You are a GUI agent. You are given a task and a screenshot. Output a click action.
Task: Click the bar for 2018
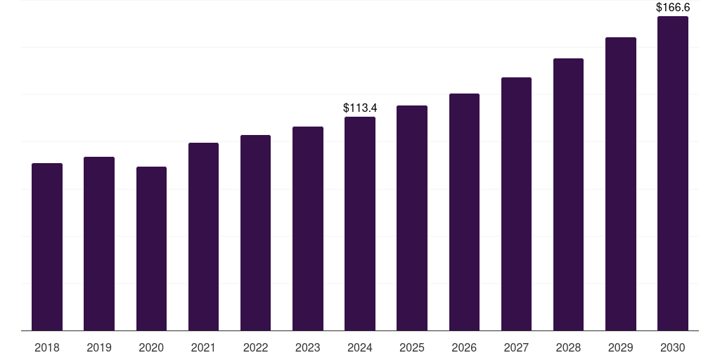(x=47, y=247)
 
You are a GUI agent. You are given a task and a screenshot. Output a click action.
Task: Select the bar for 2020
(x=151, y=249)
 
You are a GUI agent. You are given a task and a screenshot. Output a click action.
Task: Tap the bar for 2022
(x=255, y=233)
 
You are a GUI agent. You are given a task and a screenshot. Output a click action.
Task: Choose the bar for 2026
(x=464, y=212)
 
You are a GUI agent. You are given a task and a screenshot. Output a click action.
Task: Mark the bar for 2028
(x=568, y=195)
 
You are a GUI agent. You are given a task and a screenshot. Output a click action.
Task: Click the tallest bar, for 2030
(x=673, y=174)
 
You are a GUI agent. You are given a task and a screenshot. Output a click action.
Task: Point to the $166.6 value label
(x=673, y=7)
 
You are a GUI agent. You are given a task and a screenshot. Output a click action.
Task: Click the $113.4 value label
(x=360, y=108)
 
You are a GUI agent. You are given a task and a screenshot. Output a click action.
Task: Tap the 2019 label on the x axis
(x=99, y=347)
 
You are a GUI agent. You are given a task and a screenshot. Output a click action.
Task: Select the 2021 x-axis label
(x=203, y=347)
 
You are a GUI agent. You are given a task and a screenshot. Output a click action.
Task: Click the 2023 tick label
(x=308, y=347)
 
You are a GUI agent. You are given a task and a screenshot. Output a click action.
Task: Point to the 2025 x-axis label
(x=412, y=347)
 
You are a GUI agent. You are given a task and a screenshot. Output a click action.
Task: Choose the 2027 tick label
(x=516, y=347)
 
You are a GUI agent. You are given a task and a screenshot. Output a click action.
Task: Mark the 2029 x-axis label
(x=621, y=347)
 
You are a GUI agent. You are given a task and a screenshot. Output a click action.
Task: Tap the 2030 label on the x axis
(x=673, y=347)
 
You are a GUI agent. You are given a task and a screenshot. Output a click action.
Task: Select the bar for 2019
(x=99, y=244)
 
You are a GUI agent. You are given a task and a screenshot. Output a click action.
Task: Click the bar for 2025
(x=412, y=218)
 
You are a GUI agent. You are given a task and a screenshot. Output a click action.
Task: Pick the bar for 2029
(x=621, y=184)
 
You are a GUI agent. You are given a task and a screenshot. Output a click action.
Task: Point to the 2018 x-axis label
(x=47, y=347)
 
